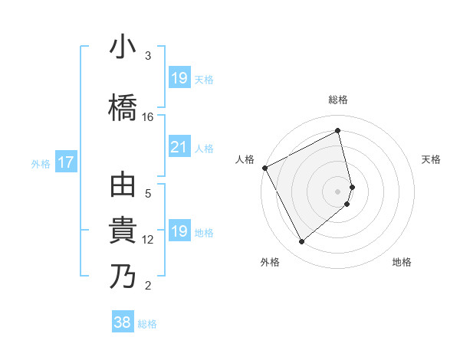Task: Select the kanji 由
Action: (x=123, y=186)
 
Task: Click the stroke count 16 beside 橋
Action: (x=148, y=117)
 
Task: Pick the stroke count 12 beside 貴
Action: (x=148, y=240)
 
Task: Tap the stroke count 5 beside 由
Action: (x=148, y=194)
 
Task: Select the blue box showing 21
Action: (x=179, y=148)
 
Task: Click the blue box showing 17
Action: (x=65, y=162)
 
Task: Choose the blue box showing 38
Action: (x=123, y=322)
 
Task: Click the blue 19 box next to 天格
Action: (x=179, y=78)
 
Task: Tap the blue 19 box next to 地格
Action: (x=179, y=231)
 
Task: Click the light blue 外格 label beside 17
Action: (x=41, y=163)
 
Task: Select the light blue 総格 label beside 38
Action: (x=147, y=324)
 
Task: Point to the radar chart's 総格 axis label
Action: (x=338, y=100)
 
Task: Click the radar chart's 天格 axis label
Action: (x=431, y=159)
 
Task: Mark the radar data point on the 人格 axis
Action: (x=264, y=168)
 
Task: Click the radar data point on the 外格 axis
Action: (x=301, y=242)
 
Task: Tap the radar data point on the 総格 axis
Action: (x=338, y=131)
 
